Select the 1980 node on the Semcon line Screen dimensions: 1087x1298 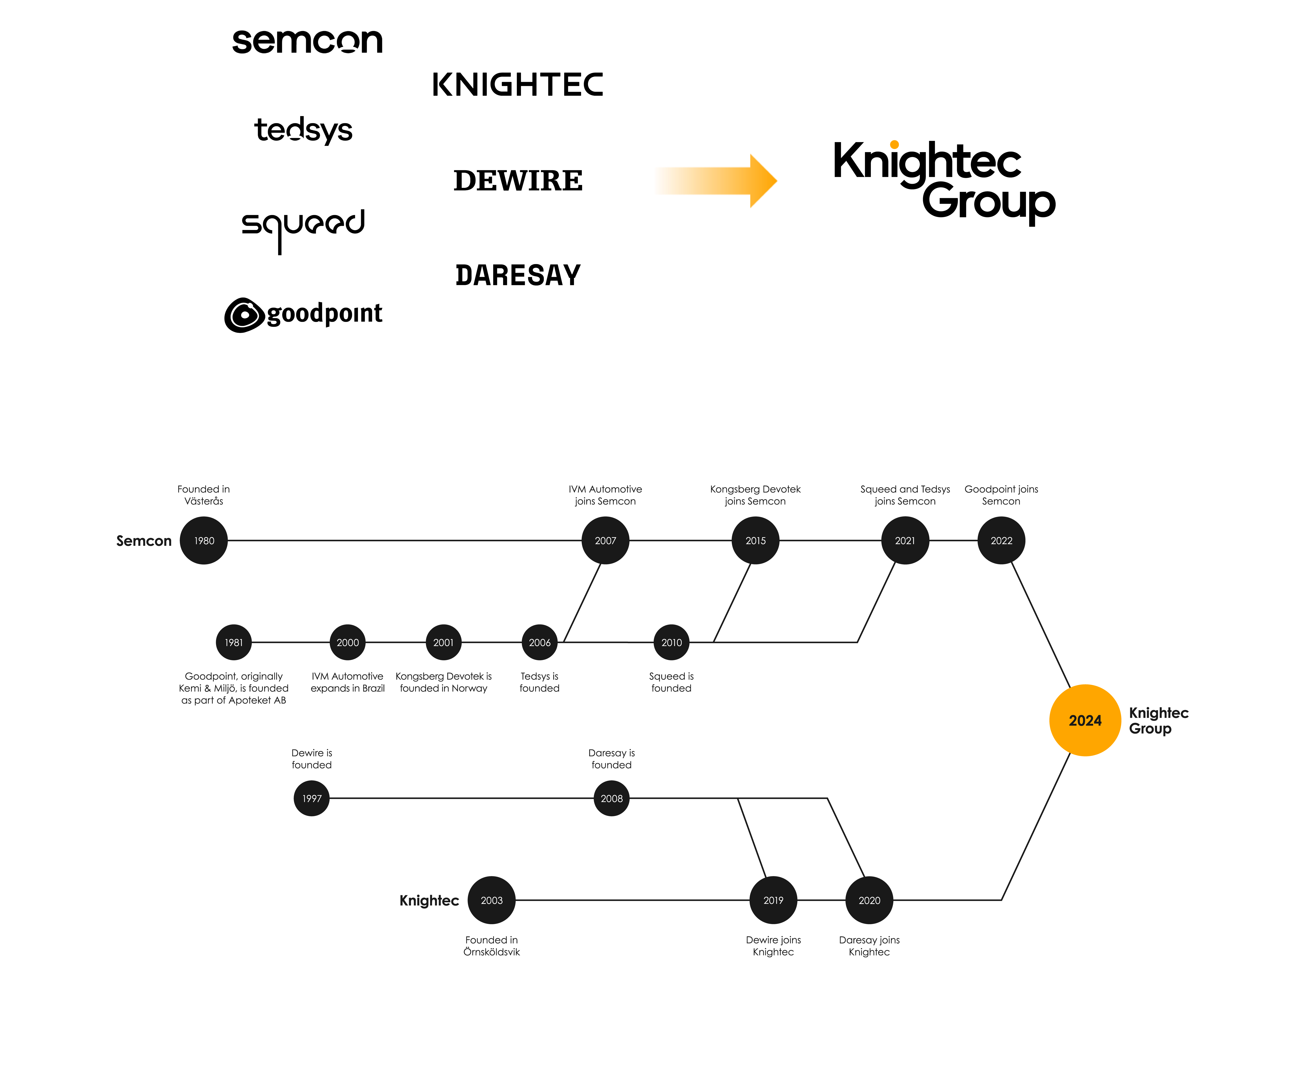(204, 541)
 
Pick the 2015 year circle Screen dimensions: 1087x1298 (755, 541)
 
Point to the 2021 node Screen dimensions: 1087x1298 (905, 541)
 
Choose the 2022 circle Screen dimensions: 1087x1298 (1001, 541)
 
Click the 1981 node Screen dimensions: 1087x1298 (234, 643)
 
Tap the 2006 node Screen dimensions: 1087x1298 (540, 643)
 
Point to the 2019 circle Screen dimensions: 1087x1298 (773, 900)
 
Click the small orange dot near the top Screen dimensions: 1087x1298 (894, 145)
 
